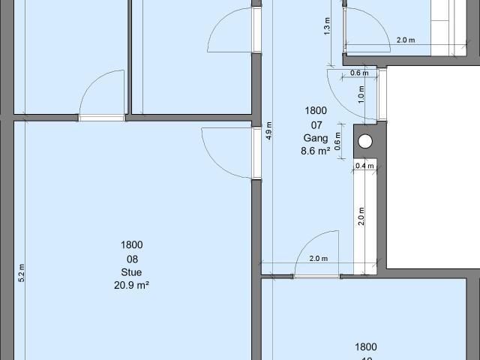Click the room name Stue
(x=131, y=272)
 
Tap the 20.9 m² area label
(x=131, y=285)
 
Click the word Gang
(x=315, y=138)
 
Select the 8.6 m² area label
(x=315, y=151)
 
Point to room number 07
(x=315, y=124)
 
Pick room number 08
(x=131, y=259)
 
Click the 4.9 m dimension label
(x=268, y=130)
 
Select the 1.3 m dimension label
(x=327, y=28)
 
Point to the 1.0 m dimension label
(x=361, y=94)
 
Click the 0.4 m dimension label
(x=364, y=166)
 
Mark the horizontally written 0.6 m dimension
(x=359, y=73)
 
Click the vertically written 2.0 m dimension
(x=361, y=217)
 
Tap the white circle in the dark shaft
(x=366, y=140)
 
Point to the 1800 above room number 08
(x=131, y=244)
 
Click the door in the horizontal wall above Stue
(x=101, y=117)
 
